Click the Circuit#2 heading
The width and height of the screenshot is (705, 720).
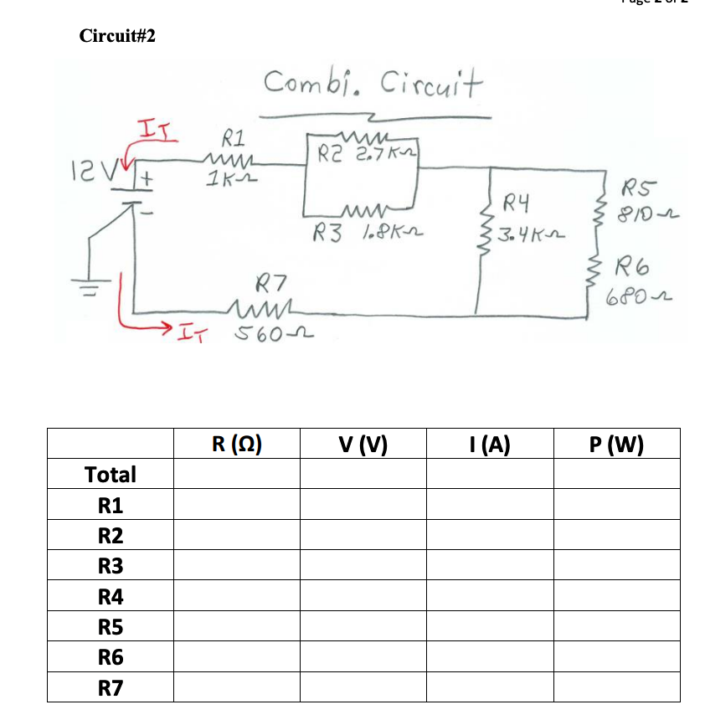coord(117,36)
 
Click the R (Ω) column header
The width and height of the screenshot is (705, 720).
coord(237,444)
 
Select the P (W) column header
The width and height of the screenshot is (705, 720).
coord(616,444)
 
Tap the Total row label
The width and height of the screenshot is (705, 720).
coord(111,475)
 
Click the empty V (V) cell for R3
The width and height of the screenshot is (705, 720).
coord(363,566)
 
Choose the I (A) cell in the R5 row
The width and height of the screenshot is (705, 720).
coord(489,627)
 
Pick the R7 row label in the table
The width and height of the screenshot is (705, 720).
coord(111,688)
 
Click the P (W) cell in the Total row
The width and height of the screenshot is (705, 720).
coord(616,475)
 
